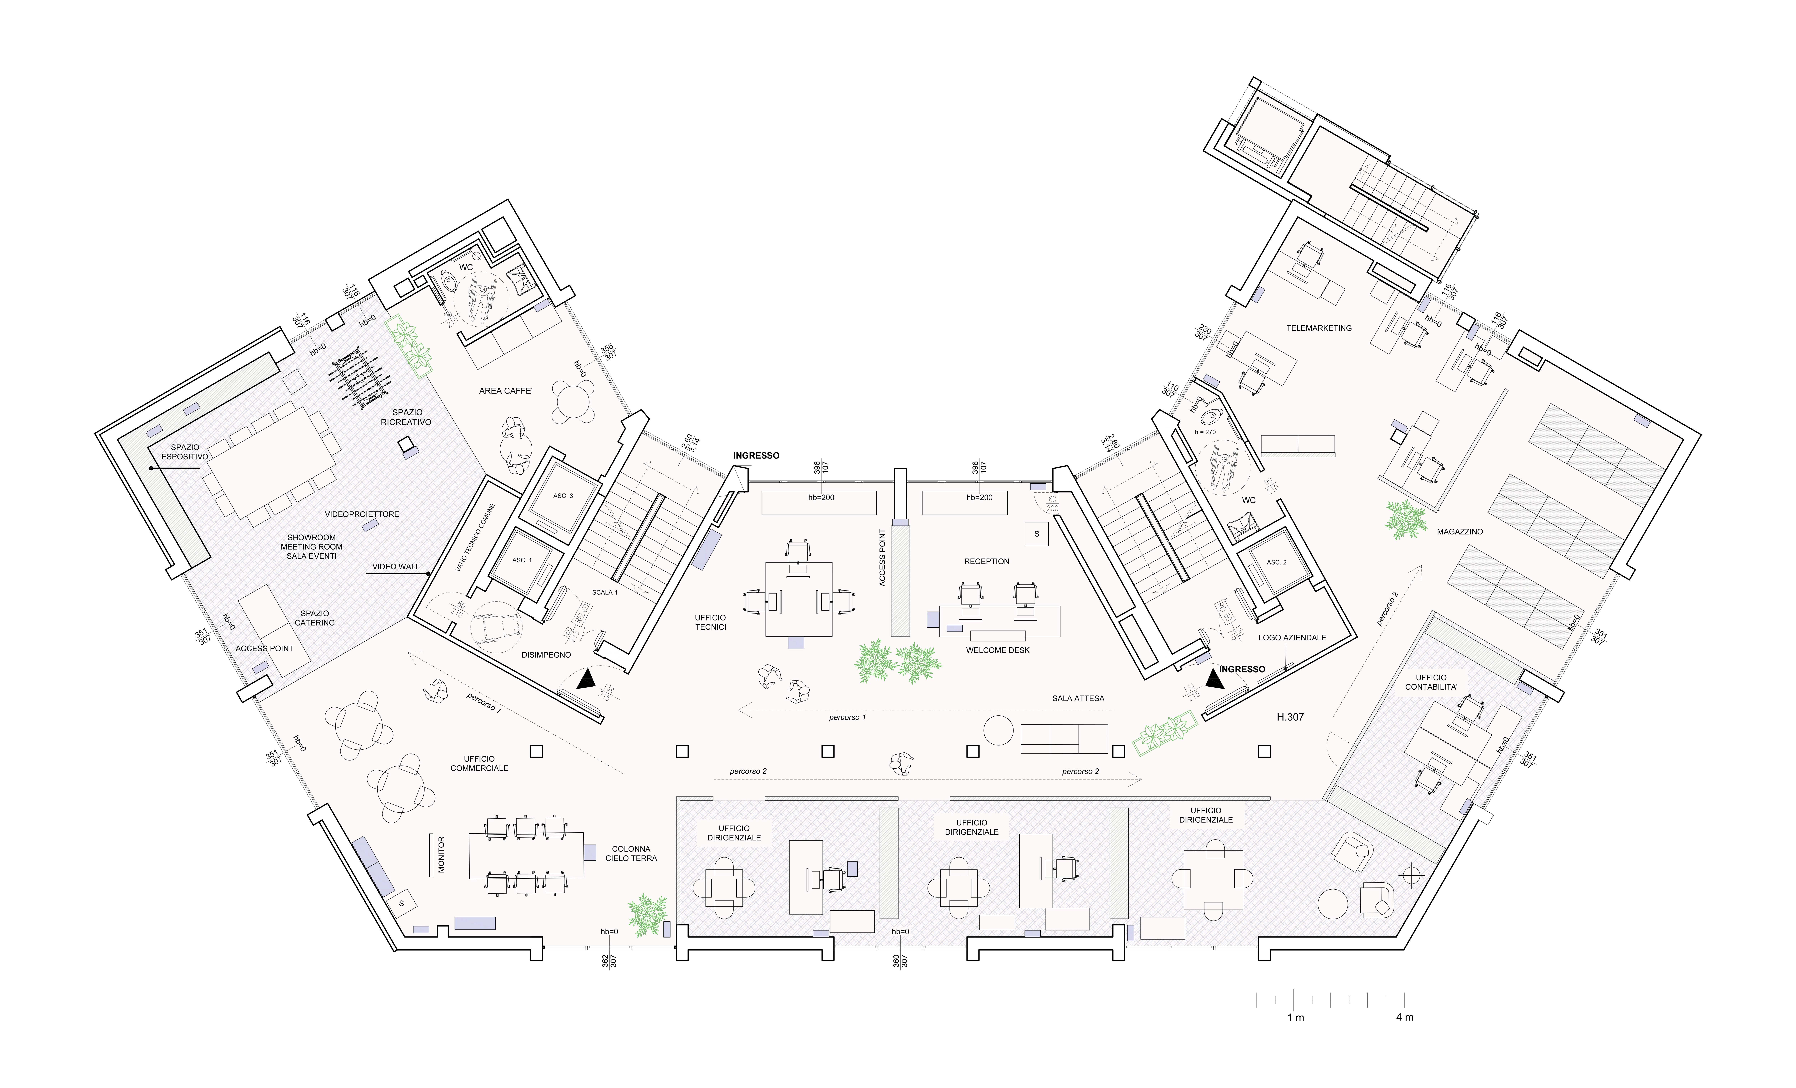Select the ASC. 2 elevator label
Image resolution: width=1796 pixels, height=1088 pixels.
point(1276,562)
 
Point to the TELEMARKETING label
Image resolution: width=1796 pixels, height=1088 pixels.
point(1319,328)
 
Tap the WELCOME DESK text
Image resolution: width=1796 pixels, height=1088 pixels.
point(997,650)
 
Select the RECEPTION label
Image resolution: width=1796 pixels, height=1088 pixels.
point(986,561)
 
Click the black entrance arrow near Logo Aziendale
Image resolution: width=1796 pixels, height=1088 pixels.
point(1214,679)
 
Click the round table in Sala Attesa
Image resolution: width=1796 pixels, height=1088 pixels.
point(998,730)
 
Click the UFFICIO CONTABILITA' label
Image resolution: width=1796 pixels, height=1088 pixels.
point(1431,682)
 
